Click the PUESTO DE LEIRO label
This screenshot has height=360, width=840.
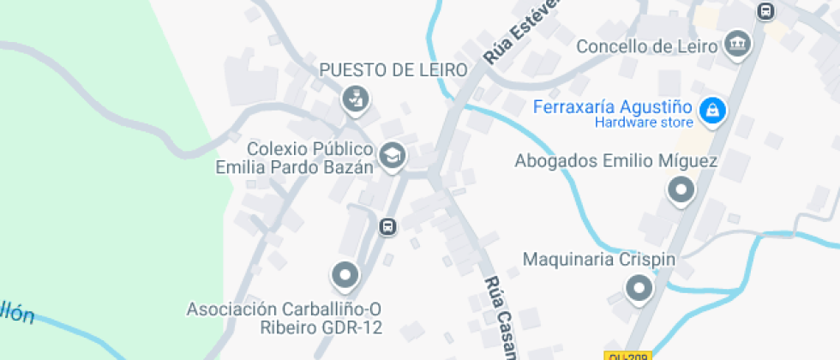pos(394,70)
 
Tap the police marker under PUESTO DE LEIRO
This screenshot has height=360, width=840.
pos(354,99)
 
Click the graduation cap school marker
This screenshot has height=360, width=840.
pos(393,156)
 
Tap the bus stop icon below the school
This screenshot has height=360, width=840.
pos(387,226)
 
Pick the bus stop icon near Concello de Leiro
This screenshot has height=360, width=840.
pos(766,11)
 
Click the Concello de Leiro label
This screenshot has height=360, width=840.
pos(645,46)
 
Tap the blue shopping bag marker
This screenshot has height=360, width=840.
pos(711,110)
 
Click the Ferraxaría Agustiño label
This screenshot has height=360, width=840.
pos(612,108)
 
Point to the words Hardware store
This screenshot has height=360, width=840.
pos(644,123)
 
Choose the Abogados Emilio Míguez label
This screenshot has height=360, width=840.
pos(616,161)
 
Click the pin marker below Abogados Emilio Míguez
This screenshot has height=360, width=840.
pos(681,190)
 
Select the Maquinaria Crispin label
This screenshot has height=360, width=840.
pos(600,259)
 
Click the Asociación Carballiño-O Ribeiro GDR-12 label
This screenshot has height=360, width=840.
pos(284,318)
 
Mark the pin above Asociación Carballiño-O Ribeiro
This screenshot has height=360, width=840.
pos(345,276)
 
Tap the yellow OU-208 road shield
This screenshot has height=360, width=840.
pos(627,356)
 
